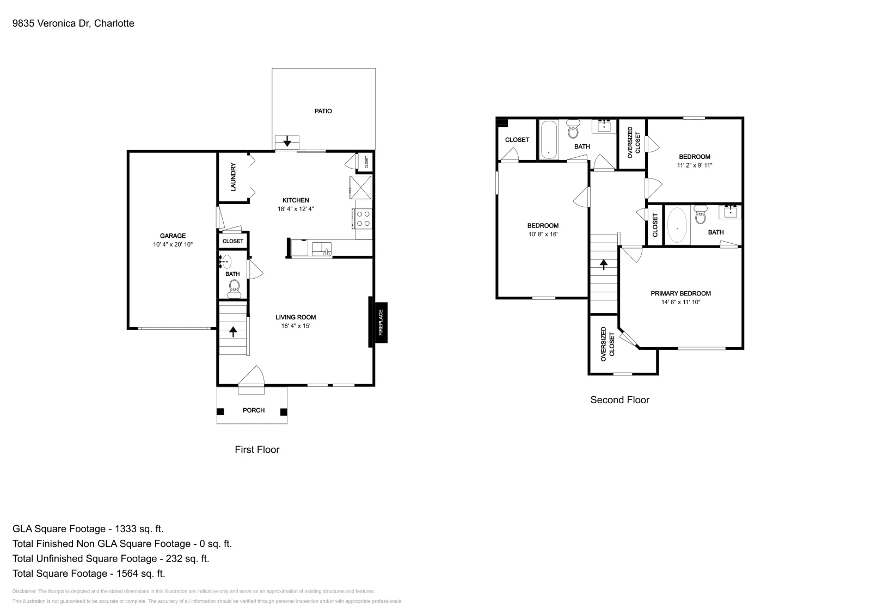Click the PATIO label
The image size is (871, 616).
[x=323, y=111]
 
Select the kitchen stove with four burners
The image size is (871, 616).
[x=364, y=219]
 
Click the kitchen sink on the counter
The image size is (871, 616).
[x=321, y=249]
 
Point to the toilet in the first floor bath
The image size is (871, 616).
[x=234, y=287]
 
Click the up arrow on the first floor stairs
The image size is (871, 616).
[x=234, y=331]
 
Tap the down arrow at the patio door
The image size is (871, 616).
[x=287, y=143]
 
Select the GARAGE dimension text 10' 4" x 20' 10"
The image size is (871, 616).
[x=173, y=245]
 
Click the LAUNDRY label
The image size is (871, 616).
[x=233, y=177]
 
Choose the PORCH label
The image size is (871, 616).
[x=253, y=410]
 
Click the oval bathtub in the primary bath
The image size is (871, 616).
[x=677, y=225]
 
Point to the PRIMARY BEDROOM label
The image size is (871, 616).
[x=680, y=293]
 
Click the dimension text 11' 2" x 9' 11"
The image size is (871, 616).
[x=694, y=165]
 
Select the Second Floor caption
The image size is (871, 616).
[x=619, y=400]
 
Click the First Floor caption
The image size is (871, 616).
[x=257, y=449]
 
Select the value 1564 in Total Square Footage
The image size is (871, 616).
[x=120, y=573]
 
